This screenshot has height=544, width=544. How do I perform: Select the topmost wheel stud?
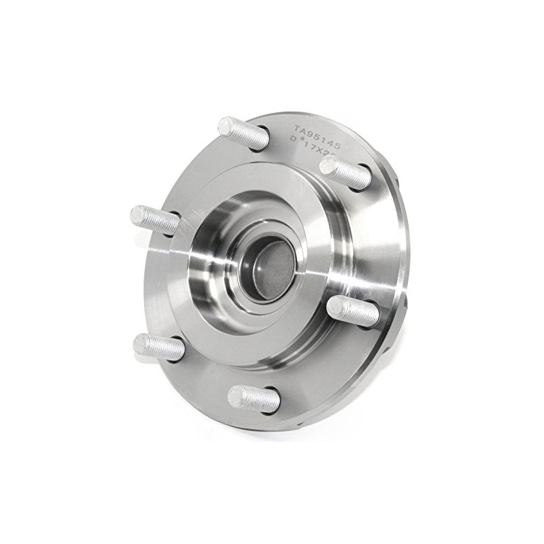[x=243, y=133]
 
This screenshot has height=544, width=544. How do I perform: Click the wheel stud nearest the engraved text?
[x=345, y=173]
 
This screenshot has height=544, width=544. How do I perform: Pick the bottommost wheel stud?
[x=253, y=398]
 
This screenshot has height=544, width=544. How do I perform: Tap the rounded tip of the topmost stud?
[x=224, y=126]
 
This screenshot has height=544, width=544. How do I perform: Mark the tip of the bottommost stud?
[x=233, y=395]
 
